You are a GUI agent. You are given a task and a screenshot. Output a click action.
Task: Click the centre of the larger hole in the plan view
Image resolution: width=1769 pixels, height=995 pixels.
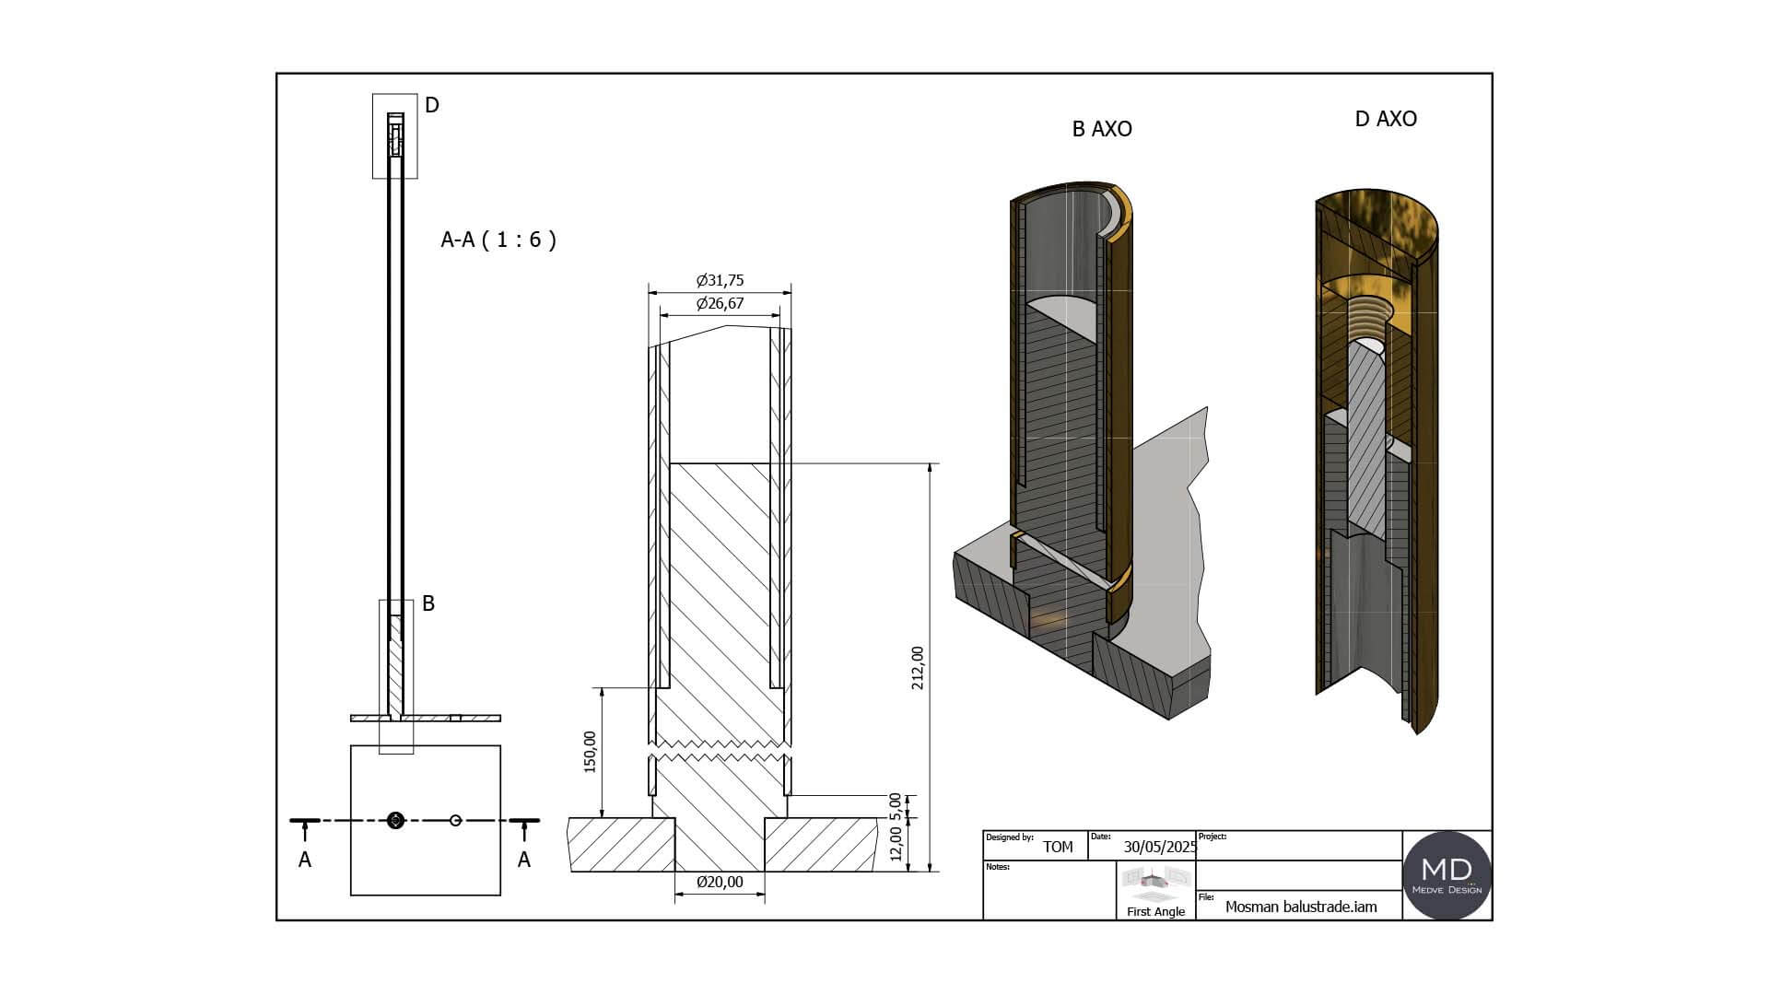[x=396, y=820]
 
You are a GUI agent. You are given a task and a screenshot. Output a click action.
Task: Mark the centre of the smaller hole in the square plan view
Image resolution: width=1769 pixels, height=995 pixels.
[x=455, y=820]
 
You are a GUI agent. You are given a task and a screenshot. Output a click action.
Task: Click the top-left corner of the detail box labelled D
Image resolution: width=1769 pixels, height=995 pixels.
[x=373, y=94]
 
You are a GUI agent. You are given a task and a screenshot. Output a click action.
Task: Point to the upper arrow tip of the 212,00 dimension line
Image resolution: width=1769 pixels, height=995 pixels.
[x=931, y=463]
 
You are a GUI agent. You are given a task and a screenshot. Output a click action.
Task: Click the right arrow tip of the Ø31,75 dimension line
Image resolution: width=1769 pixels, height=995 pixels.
[x=792, y=292]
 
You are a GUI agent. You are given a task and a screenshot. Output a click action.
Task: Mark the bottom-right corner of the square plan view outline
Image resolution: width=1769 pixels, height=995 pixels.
[x=500, y=895]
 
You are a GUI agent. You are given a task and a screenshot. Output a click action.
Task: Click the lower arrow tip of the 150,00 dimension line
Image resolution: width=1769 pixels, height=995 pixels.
[x=602, y=817]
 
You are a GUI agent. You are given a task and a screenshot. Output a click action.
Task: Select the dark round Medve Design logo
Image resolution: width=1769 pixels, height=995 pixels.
[x=1447, y=875]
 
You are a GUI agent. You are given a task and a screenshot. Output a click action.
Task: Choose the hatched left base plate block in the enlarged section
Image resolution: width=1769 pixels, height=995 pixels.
[x=622, y=844]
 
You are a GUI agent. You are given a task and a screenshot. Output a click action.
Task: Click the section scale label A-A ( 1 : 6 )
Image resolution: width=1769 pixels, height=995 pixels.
[x=498, y=240]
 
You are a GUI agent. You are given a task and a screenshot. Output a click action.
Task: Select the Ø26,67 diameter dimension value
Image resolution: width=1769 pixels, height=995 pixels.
[x=720, y=303]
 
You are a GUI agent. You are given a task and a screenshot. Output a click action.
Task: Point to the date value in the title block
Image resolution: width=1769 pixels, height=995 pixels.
[x=1159, y=847]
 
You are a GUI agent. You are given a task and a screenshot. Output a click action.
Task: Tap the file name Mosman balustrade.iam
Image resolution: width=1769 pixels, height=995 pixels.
[x=1301, y=907]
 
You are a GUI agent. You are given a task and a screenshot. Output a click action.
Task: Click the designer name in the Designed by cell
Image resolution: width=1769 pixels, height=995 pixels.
[x=1058, y=847]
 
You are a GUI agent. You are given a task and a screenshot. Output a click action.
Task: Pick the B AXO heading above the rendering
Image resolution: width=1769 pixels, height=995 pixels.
[x=1102, y=129]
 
